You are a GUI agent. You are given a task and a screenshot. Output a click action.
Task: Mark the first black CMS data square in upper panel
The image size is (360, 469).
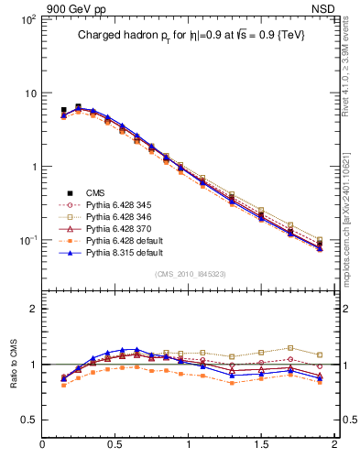[x=63, y=110]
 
